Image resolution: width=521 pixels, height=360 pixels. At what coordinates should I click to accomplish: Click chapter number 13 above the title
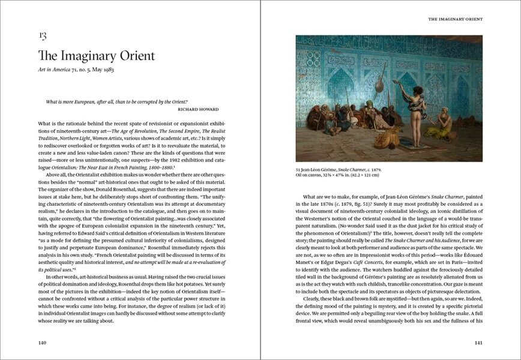click(43, 36)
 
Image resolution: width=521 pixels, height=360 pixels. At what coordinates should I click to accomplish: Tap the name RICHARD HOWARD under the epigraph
click(198, 109)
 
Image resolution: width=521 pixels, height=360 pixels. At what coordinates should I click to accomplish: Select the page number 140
click(42, 343)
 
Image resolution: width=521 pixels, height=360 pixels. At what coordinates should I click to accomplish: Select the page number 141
click(478, 343)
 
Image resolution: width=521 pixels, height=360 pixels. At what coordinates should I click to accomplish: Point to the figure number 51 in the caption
click(298, 169)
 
